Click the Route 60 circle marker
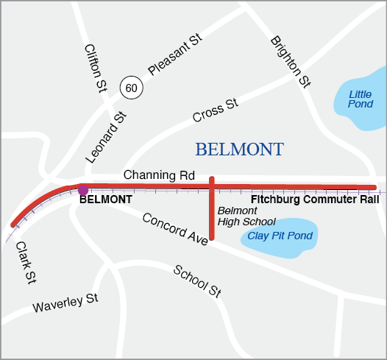click(131, 88)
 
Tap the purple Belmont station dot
click(83, 190)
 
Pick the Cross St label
click(216, 110)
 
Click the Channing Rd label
click(159, 175)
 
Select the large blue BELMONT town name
click(239, 149)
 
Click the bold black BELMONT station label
click(106, 200)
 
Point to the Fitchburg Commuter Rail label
click(315, 200)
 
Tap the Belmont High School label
click(246, 216)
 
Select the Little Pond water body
click(361, 99)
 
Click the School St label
click(197, 280)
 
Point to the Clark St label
click(26, 263)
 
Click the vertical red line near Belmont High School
click(212, 213)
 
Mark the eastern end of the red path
click(374, 187)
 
